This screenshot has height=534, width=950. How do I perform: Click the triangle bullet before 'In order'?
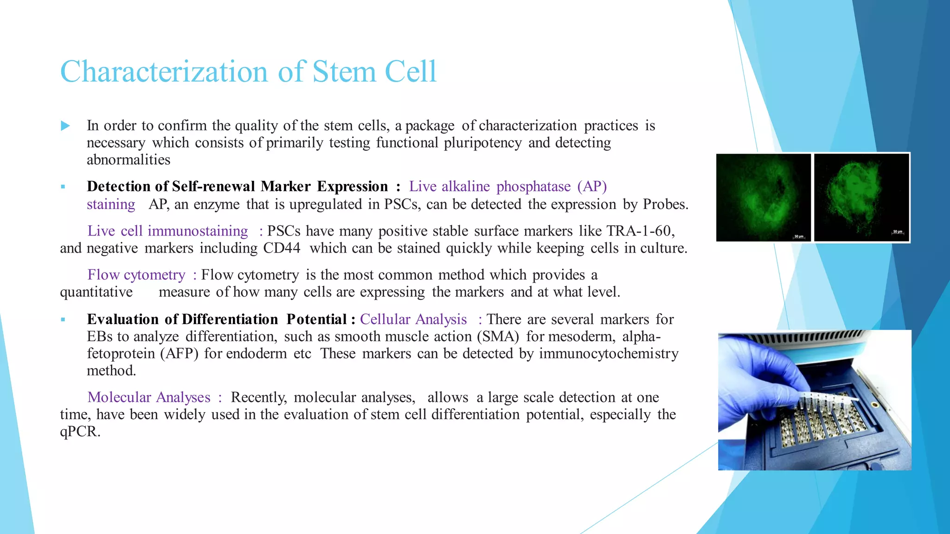(65, 126)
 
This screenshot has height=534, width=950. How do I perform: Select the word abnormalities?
(128, 160)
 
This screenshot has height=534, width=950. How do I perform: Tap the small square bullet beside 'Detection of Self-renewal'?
(63, 187)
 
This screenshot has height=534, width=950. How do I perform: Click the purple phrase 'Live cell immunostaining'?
(168, 231)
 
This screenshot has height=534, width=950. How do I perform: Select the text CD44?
(282, 248)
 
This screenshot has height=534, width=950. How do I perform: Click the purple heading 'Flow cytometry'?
(136, 275)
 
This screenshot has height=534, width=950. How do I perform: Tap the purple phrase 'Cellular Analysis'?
(413, 319)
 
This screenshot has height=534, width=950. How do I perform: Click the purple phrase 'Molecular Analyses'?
(149, 397)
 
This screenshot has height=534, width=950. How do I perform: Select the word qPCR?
(79, 432)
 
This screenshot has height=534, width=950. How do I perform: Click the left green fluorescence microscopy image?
(764, 197)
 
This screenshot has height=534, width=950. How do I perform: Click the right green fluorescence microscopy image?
(861, 197)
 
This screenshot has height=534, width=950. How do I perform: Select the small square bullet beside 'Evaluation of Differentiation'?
(63, 320)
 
